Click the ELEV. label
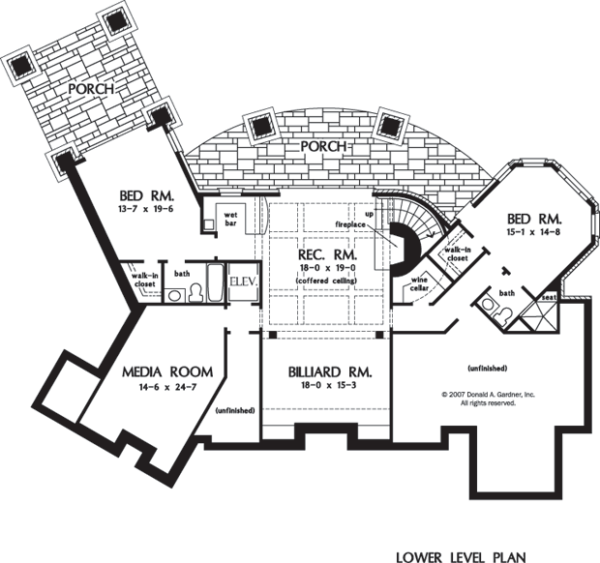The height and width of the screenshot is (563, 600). pos(243,281)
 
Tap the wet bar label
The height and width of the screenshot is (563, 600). pos(230,219)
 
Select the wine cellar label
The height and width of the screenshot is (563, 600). pos(419,283)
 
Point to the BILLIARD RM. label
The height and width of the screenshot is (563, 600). pos(330,372)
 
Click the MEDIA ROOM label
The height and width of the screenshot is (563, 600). pos(167,371)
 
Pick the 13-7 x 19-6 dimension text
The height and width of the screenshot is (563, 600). pos(147,209)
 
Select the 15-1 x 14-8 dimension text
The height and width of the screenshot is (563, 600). pos(534,232)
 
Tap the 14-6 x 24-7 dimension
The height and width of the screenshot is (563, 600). pos(167,387)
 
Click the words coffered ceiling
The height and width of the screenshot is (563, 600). pos(326,281)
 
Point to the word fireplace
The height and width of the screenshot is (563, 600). pos(350,224)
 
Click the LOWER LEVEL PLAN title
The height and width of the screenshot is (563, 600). pos(461,556)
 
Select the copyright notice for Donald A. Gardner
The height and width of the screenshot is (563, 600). pos(489,399)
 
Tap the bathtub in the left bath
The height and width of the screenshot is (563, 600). pos(215,282)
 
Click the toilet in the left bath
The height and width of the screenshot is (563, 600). pos(195,292)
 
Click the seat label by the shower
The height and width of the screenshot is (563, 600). pos(549,297)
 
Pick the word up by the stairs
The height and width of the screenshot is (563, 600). pos(370,212)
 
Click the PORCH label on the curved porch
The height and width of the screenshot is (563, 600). pos(323,146)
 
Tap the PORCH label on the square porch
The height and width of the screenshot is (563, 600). pos(91,89)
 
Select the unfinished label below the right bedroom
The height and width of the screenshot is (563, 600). pos(488,369)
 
